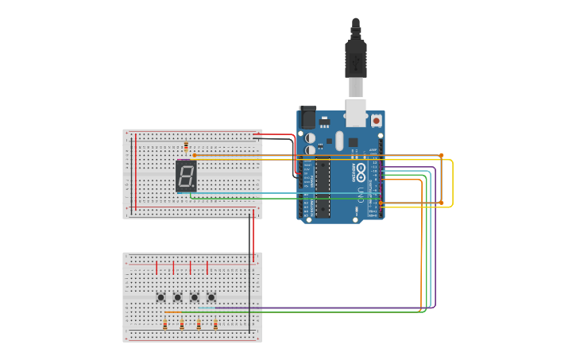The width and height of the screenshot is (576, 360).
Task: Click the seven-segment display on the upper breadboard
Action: pos(186,176)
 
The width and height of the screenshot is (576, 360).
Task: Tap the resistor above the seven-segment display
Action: pos(186,147)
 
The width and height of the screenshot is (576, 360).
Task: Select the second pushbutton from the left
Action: pos(177,297)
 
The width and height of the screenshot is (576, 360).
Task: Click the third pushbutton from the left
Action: pos(194,297)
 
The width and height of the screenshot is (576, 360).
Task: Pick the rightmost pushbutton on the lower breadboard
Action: pos(211,297)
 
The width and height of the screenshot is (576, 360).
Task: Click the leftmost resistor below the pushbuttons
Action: pos(165,323)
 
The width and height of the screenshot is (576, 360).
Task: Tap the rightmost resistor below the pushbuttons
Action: pos(215,323)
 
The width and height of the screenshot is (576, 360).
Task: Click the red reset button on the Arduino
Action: pos(376,121)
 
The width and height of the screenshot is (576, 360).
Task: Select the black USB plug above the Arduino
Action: pos(355,56)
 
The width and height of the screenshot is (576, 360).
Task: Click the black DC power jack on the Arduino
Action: pos(307,118)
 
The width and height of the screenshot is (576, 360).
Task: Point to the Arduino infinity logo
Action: pos(361,168)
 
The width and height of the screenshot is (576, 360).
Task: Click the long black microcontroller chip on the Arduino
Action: pos(323,187)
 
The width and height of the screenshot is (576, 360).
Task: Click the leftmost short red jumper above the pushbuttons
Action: pos(157,267)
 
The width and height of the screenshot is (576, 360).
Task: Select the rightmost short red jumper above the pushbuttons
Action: pos(207,267)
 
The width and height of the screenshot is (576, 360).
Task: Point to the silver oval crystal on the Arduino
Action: pos(339,141)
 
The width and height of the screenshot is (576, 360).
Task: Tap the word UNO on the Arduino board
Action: pos(361,192)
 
